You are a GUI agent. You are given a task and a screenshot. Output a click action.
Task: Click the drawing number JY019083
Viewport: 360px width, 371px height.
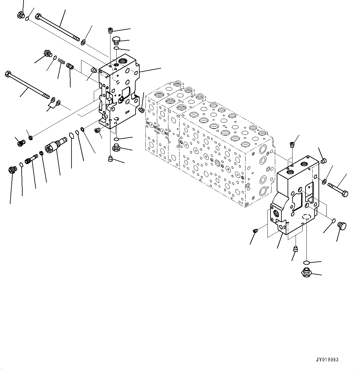(x=327, y=360)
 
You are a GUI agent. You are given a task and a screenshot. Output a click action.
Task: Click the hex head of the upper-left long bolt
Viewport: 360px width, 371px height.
(x=38, y=16)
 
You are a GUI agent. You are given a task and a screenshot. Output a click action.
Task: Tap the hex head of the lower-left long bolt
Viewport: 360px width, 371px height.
(x=8, y=74)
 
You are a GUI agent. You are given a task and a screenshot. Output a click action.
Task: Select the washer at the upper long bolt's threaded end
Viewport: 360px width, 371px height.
(x=84, y=42)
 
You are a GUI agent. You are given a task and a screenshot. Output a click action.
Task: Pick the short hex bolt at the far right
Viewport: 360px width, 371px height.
(x=338, y=190)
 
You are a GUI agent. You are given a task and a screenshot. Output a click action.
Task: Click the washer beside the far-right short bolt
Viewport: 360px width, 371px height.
(x=324, y=182)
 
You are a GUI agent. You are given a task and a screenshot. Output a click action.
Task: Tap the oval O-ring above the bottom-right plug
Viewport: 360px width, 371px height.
(x=306, y=262)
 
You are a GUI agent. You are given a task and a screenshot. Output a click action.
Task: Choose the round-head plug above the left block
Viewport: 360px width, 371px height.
(x=116, y=41)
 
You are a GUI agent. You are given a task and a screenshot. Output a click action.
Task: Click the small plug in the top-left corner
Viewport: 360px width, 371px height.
(x=21, y=15)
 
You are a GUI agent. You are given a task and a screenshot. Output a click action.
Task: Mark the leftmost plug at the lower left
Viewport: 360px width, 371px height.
(x=12, y=170)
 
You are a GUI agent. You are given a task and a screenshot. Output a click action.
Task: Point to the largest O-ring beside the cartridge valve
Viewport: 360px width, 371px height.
(x=72, y=135)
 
